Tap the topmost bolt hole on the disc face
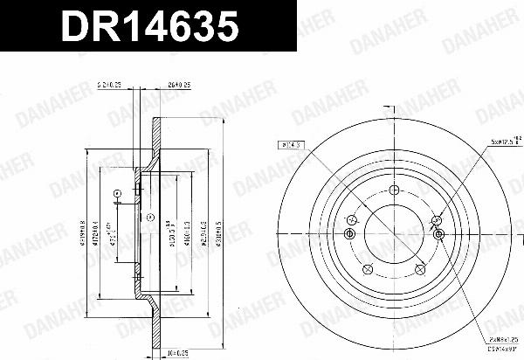pos(393,190)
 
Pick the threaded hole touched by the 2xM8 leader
pos(438,234)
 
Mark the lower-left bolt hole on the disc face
pos(368,267)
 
